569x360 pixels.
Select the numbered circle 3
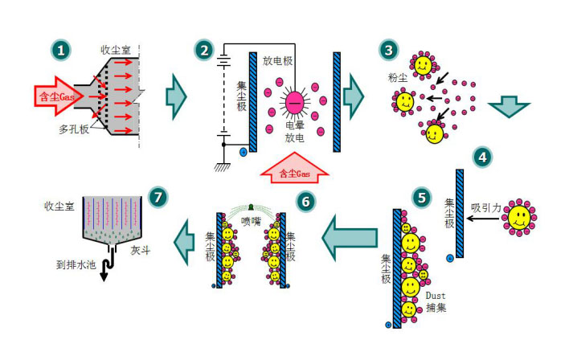point(390,50)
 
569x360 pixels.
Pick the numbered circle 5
point(420,195)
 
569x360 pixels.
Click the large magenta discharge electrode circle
point(294,101)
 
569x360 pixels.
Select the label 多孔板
point(71,129)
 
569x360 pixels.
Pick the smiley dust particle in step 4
point(521,215)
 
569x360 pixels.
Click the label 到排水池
point(74,263)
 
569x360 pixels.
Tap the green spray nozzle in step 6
point(252,206)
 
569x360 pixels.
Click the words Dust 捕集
point(441,301)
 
